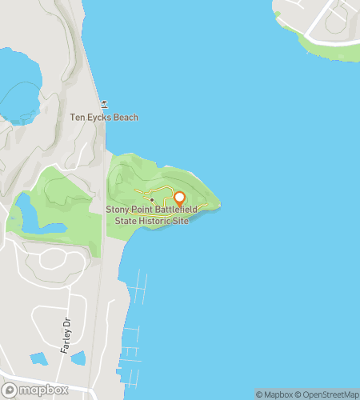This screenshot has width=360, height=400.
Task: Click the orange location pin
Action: click(179, 198)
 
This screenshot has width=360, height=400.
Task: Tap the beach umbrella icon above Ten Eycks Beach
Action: click(103, 106)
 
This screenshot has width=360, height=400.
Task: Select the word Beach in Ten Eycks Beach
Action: click(125, 118)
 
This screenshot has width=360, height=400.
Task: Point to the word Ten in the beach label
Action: click(78, 118)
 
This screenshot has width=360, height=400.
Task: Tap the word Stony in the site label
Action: click(119, 210)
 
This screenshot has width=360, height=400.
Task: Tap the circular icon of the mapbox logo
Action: click(10, 390)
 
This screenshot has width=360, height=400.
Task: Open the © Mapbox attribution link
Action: click(274, 394)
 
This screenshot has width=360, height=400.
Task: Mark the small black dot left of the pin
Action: click(151, 199)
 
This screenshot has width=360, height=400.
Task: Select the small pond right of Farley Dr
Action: click(78, 358)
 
